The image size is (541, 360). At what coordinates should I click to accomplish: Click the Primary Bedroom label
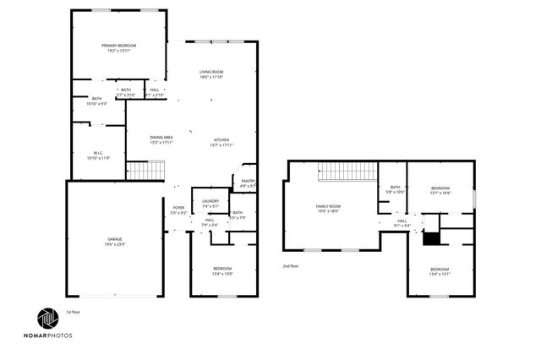coord(119,46)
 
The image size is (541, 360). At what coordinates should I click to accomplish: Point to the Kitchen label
coord(221,139)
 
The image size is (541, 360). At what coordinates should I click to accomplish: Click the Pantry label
coord(248,180)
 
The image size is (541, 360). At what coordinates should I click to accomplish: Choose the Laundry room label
coord(210,200)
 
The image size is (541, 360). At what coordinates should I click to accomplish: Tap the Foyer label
coord(178,207)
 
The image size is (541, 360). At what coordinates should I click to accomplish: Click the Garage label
coord(113,239)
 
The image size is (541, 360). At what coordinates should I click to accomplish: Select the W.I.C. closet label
coord(98,153)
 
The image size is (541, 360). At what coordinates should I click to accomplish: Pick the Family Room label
coord(328,206)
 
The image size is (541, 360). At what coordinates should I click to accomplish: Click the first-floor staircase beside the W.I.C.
coord(145,170)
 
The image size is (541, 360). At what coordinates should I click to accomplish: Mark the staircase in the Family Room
coord(347,171)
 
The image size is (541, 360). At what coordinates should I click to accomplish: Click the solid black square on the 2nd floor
coord(431,239)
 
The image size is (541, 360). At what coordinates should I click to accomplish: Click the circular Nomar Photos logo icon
coord(47,319)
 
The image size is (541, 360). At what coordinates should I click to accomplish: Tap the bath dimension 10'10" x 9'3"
coord(96,104)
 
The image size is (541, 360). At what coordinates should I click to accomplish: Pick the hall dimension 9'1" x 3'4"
coord(402,226)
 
